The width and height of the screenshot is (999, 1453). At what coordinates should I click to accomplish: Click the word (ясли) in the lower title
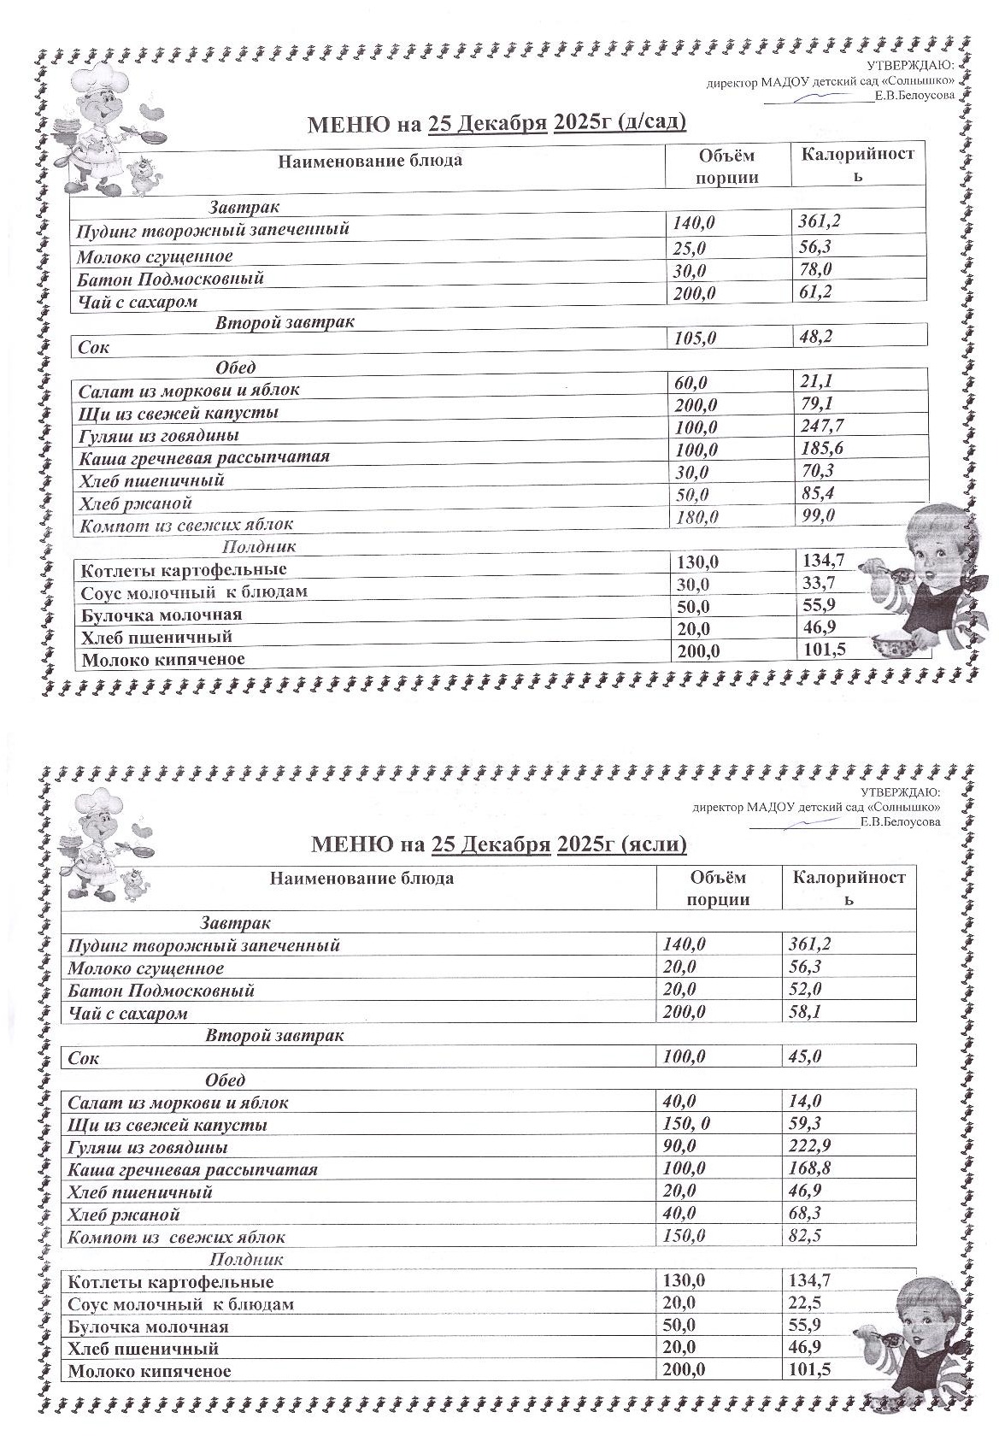(655, 844)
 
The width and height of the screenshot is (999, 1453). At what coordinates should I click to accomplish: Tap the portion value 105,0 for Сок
(695, 338)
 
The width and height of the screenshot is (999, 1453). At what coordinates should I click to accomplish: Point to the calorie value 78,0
(815, 269)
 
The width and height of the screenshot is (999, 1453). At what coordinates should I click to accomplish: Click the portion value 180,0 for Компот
(696, 516)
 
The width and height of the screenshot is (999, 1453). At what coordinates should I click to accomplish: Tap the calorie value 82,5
(804, 1236)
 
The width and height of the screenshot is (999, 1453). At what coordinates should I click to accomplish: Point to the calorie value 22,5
(804, 1303)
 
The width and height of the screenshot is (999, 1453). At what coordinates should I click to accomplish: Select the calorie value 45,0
(804, 1056)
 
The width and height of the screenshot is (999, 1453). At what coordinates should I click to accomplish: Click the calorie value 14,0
(804, 1101)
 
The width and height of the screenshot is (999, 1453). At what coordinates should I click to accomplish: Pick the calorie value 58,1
(804, 1013)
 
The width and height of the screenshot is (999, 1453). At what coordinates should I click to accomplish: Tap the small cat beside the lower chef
(132, 885)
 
